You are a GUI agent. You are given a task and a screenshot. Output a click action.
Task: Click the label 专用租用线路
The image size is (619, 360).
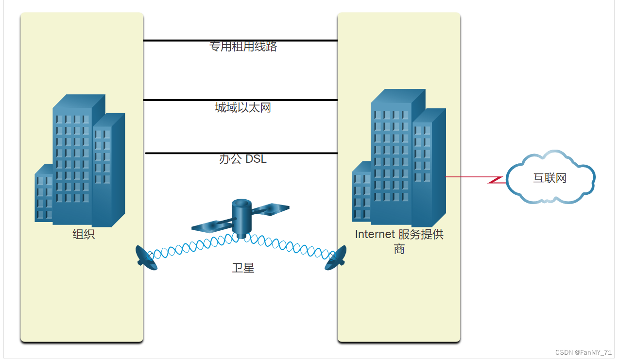tap(243, 47)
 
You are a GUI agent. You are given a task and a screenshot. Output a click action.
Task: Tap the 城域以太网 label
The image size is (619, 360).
tap(243, 107)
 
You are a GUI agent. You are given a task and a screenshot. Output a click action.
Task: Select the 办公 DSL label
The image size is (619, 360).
tap(243, 159)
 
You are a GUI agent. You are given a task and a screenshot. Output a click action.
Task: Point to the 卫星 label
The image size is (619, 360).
tap(243, 268)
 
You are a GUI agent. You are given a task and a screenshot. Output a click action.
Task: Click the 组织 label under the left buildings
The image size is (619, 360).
tap(84, 235)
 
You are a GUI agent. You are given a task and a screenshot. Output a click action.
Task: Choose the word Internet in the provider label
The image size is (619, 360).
tap(375, 235)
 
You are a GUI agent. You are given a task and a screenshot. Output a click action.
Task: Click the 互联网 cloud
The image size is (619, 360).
tap(550, 178)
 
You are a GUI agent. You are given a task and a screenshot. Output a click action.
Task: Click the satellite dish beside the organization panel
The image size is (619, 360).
tap(146, 258)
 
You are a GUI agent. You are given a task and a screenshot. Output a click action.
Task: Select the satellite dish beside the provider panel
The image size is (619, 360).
tap(336, 258)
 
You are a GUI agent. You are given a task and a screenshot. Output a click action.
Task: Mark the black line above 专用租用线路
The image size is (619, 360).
tap(241, 41)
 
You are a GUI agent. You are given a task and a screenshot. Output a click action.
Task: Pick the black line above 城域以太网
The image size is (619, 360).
tap(241, 100)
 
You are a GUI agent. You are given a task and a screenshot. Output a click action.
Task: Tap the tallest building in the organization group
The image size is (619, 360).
tap(73, 160)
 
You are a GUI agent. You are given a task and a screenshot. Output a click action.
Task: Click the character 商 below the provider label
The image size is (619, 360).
tap(399, 249)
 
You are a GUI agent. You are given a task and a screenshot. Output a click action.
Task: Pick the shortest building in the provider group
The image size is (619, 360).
tap(361, 194)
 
